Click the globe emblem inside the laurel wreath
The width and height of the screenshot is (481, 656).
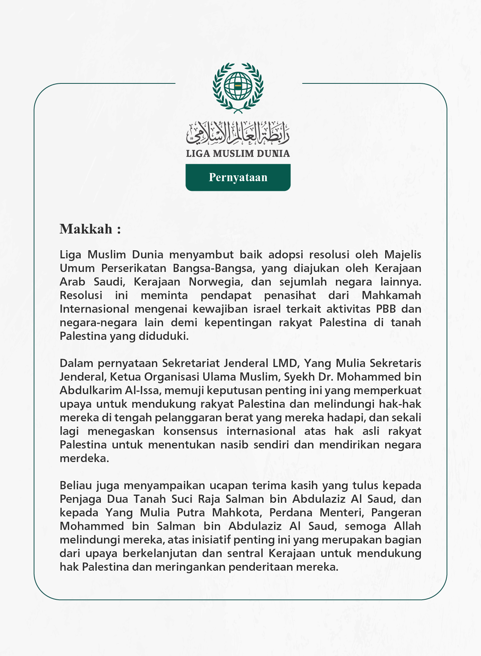pos(238,85)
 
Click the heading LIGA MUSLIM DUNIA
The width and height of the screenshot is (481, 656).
pos(238,154)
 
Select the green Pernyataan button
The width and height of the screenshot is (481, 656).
pos(238,177)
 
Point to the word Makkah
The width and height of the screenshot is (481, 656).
pos(86,229)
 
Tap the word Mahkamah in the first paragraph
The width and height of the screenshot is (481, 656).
pos(391,295)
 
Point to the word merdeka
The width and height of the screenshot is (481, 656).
pos(84,458)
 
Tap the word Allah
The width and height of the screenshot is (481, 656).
pos(407,526)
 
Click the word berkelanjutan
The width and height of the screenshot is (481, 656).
pos(149,553)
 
